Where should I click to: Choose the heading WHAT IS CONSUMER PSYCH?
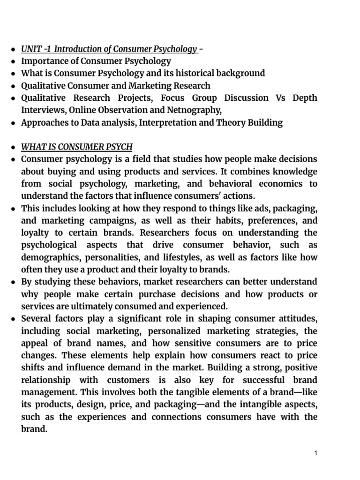(77, 147)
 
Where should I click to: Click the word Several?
(36, 319)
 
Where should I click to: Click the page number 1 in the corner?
(316, 453)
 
